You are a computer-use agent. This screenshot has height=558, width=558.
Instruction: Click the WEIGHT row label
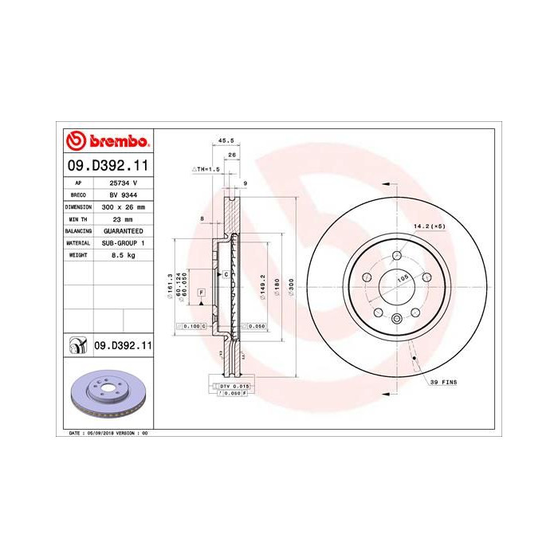click(78, 254)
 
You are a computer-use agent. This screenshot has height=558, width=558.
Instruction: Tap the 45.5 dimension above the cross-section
click(215, 143)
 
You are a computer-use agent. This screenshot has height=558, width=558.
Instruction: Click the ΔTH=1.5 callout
click(205, 170)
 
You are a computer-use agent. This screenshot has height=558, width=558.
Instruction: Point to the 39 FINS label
click(443, 383)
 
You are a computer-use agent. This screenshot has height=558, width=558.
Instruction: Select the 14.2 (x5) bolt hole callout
click(427, 227)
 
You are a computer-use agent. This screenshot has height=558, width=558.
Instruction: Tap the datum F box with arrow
click(202, 293)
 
